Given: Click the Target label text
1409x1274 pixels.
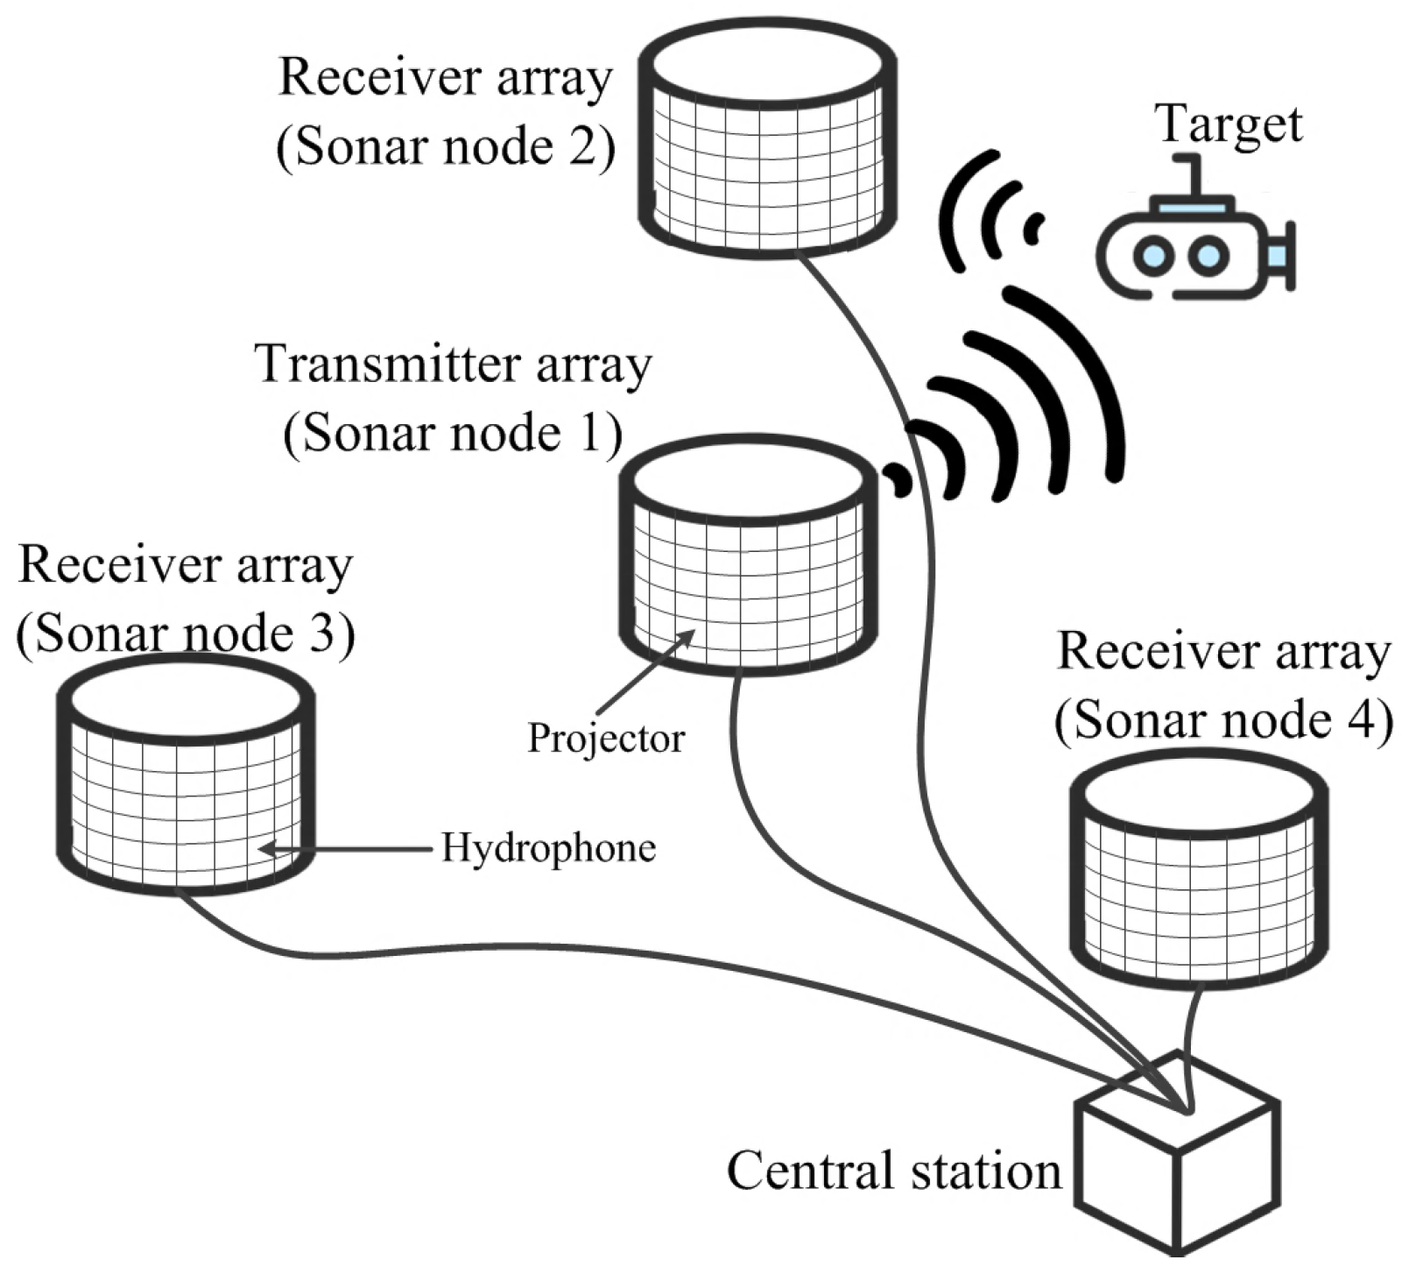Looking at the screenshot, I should click(x=1229, y=125).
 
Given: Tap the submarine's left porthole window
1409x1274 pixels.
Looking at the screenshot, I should click(x=1153, y=256).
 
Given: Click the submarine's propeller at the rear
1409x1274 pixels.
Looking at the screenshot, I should click(x=1283, y=255).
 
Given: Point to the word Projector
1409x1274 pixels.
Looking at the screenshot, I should click(x=606, y=739).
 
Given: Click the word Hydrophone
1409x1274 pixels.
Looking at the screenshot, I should click(x=548, y=848).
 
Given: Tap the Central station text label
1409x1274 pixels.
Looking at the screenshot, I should click(x=894, y=1171).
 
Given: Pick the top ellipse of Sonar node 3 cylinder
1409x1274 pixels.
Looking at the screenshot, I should click(x=185, y=698).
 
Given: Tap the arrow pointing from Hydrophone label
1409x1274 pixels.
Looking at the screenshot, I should click(x=346, y=848).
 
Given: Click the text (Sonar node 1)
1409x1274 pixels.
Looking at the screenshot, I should click(x=452, y=434).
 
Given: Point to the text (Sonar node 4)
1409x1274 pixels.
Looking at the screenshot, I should click(x=1223, y=721).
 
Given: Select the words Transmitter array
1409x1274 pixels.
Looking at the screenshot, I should click(x=454, y=364).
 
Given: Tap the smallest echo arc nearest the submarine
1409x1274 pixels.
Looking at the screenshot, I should click(x=1034, y=228).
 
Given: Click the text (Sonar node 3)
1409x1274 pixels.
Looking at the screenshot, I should click(x=186, y=634).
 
